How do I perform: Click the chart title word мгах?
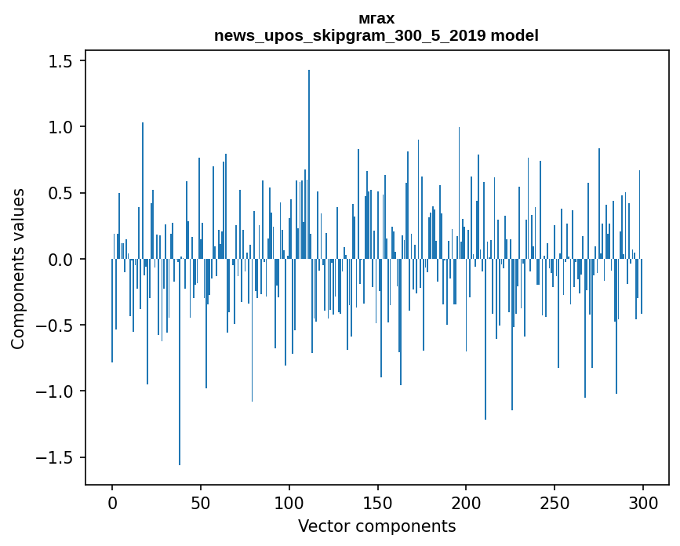point(376,18)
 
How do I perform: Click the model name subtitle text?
point(376,35)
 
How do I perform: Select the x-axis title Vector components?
point(376,526)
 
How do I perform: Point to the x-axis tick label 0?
point(112,501)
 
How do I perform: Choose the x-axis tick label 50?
point(201,501)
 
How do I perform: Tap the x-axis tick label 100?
point(289,501)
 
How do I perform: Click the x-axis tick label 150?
point(378,501)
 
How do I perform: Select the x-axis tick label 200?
point(466,501)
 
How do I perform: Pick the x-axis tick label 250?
point(555,501)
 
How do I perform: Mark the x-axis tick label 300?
point(643,501)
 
